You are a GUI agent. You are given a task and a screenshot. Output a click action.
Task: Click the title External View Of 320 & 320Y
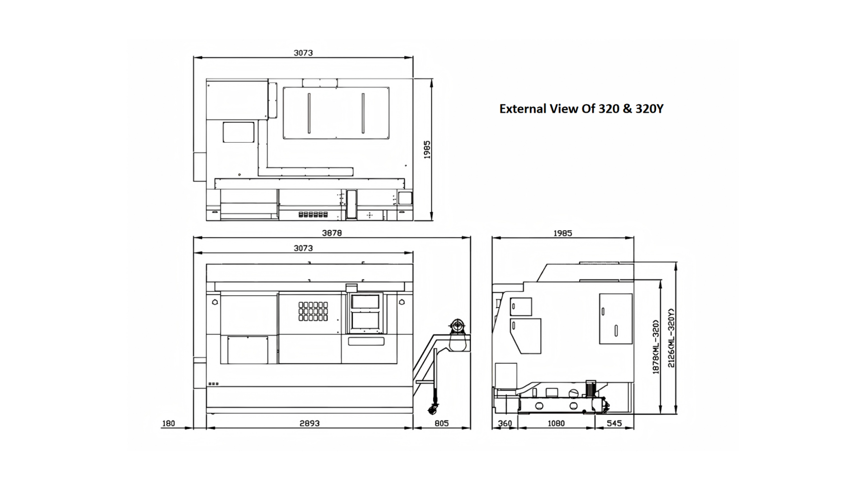click(581, 109)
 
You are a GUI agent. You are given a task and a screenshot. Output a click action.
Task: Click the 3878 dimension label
click(332, 233)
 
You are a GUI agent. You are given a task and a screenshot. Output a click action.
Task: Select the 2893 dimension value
click(309, 423)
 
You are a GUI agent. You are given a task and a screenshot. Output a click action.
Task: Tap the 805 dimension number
click(441, 423)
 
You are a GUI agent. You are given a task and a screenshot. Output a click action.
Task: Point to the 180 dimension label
click(169, 423)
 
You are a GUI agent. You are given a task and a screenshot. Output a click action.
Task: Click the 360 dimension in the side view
click(505, 423)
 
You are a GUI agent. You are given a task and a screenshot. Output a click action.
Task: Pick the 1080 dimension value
click(556, 423)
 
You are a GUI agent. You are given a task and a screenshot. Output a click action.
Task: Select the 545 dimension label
click(614, 423)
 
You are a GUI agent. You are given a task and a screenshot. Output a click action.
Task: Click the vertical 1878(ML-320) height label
click(656, 347)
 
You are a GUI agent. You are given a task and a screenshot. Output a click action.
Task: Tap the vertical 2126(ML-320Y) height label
click(671, 338)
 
